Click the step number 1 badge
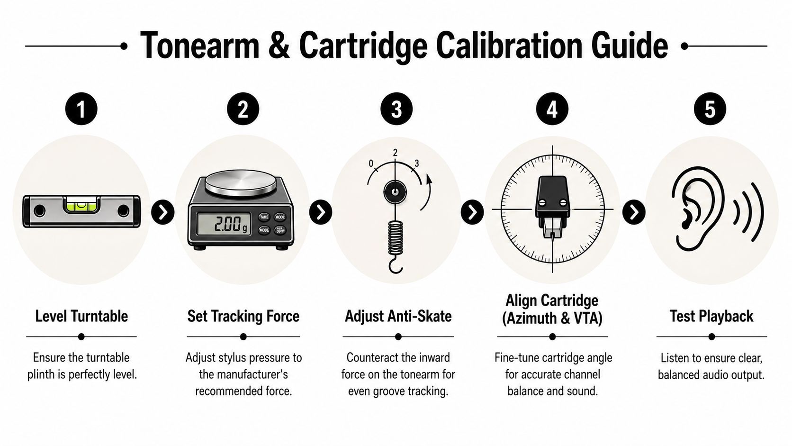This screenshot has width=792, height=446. point(81,109)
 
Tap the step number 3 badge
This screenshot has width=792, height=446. point(396,109)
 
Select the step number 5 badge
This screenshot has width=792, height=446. point(710,109)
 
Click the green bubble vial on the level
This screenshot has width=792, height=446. point(81,204)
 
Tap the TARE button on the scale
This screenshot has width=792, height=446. point(264,217)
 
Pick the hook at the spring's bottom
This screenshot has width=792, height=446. point(396,266)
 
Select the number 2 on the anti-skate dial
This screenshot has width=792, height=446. point(395,153)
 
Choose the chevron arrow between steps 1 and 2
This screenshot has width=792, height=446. point(163,212)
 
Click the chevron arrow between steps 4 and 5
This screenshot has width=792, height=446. point(633,212)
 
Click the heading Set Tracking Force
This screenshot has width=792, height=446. point(243,316)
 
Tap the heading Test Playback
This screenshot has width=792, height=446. point(711,316)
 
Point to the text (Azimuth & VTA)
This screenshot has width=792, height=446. point(552,318)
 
